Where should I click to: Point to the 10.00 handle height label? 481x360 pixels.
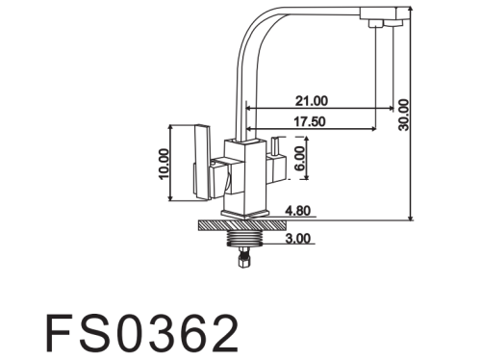[x=164, y=164]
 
